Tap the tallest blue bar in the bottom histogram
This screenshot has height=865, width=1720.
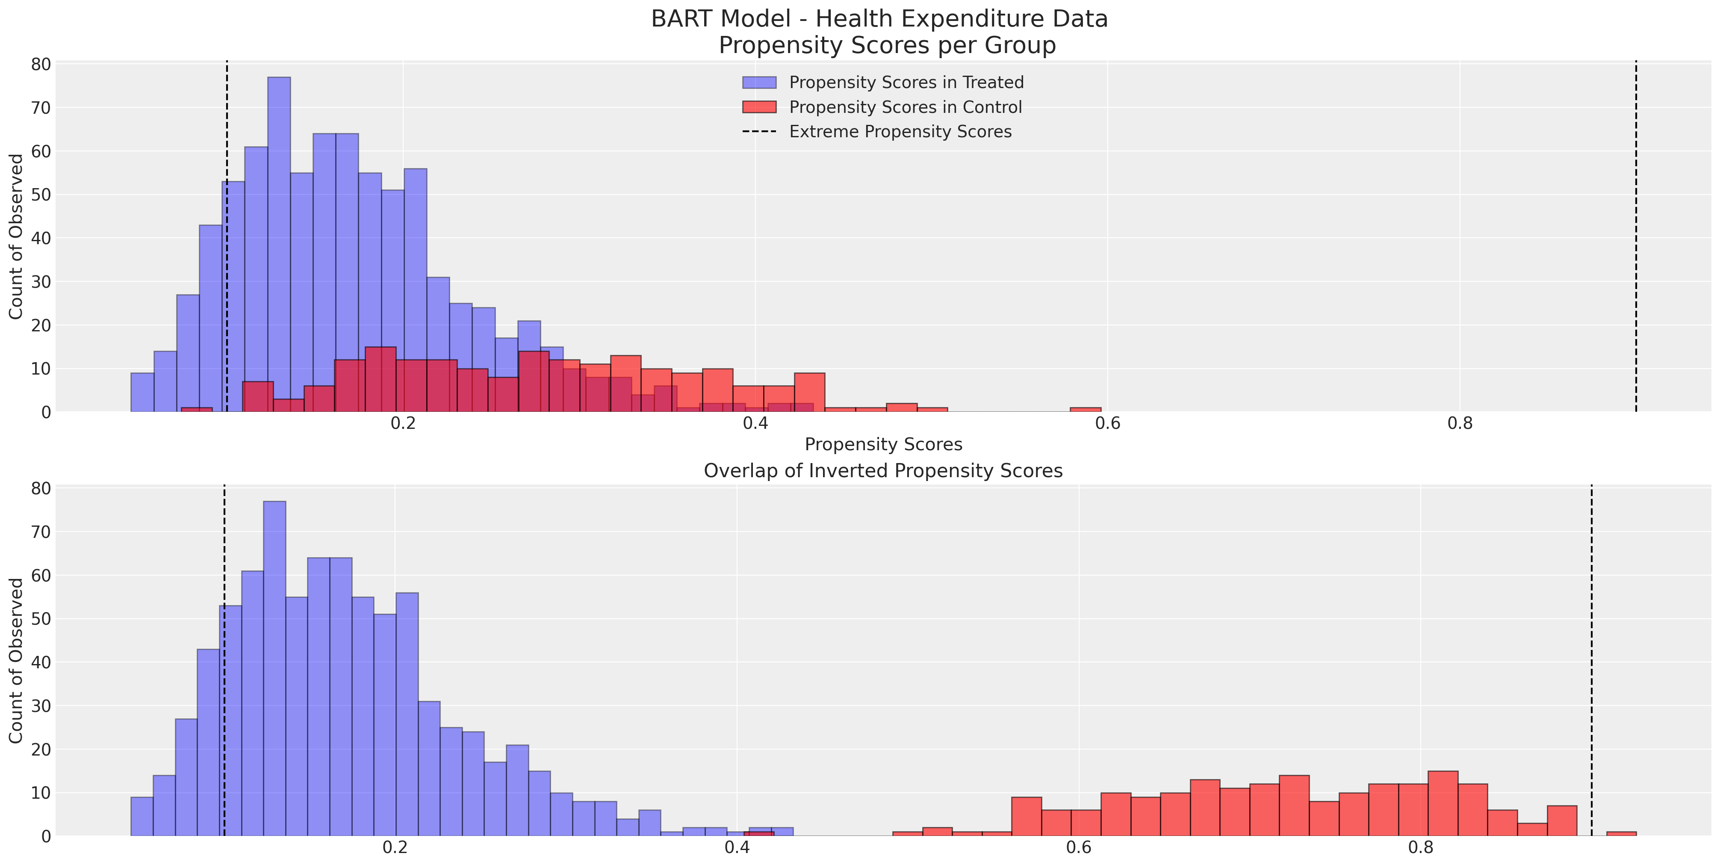[274, 668]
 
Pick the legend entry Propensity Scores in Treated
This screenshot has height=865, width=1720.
[906, 82]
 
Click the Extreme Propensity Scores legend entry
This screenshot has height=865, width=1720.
[900, 132]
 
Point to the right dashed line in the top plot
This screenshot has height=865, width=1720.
[1636, 234]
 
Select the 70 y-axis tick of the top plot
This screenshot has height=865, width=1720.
[41, 108]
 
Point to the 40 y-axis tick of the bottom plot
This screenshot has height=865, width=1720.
[41, 662]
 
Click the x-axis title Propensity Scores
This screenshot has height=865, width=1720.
[883, 445]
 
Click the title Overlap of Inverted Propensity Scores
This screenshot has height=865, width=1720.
[883, 471]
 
